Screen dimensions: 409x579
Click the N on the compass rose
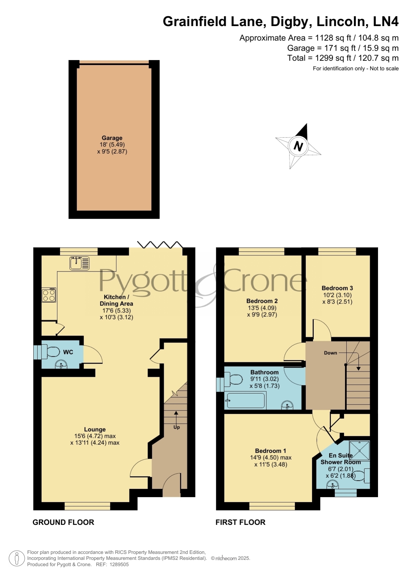click(x=298, y=146)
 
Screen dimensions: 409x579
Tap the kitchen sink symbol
click(x=79, y=263)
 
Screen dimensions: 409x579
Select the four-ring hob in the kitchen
click(x=49, y=295)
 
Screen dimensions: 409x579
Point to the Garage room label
click(x=112, y=138)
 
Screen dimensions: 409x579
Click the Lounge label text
click(x=95, y=429)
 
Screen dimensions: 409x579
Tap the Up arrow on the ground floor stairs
click(x=176, y=417)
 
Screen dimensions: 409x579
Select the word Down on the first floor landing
click(x=331, y=353)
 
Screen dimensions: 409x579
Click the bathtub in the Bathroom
click(x=245, y=401)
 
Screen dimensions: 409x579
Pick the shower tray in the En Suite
click(x=360, y=451)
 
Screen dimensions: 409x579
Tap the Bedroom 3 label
click(x=337, y=288)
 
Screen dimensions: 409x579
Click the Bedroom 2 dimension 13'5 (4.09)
click(x=262, y=308)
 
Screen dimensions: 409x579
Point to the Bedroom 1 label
click(x=271, y=451)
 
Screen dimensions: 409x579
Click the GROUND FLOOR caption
click(x=63, y=522)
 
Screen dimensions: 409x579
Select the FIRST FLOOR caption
click(x=240, y=522)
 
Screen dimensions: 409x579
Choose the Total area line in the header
click(x=343, y=58)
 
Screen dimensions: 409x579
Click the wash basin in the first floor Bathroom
click(x=287, y=405)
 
